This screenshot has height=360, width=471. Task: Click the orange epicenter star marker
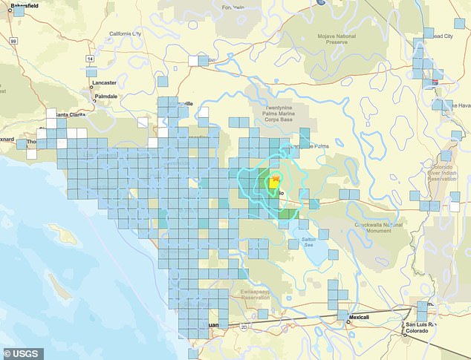(276, 179)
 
